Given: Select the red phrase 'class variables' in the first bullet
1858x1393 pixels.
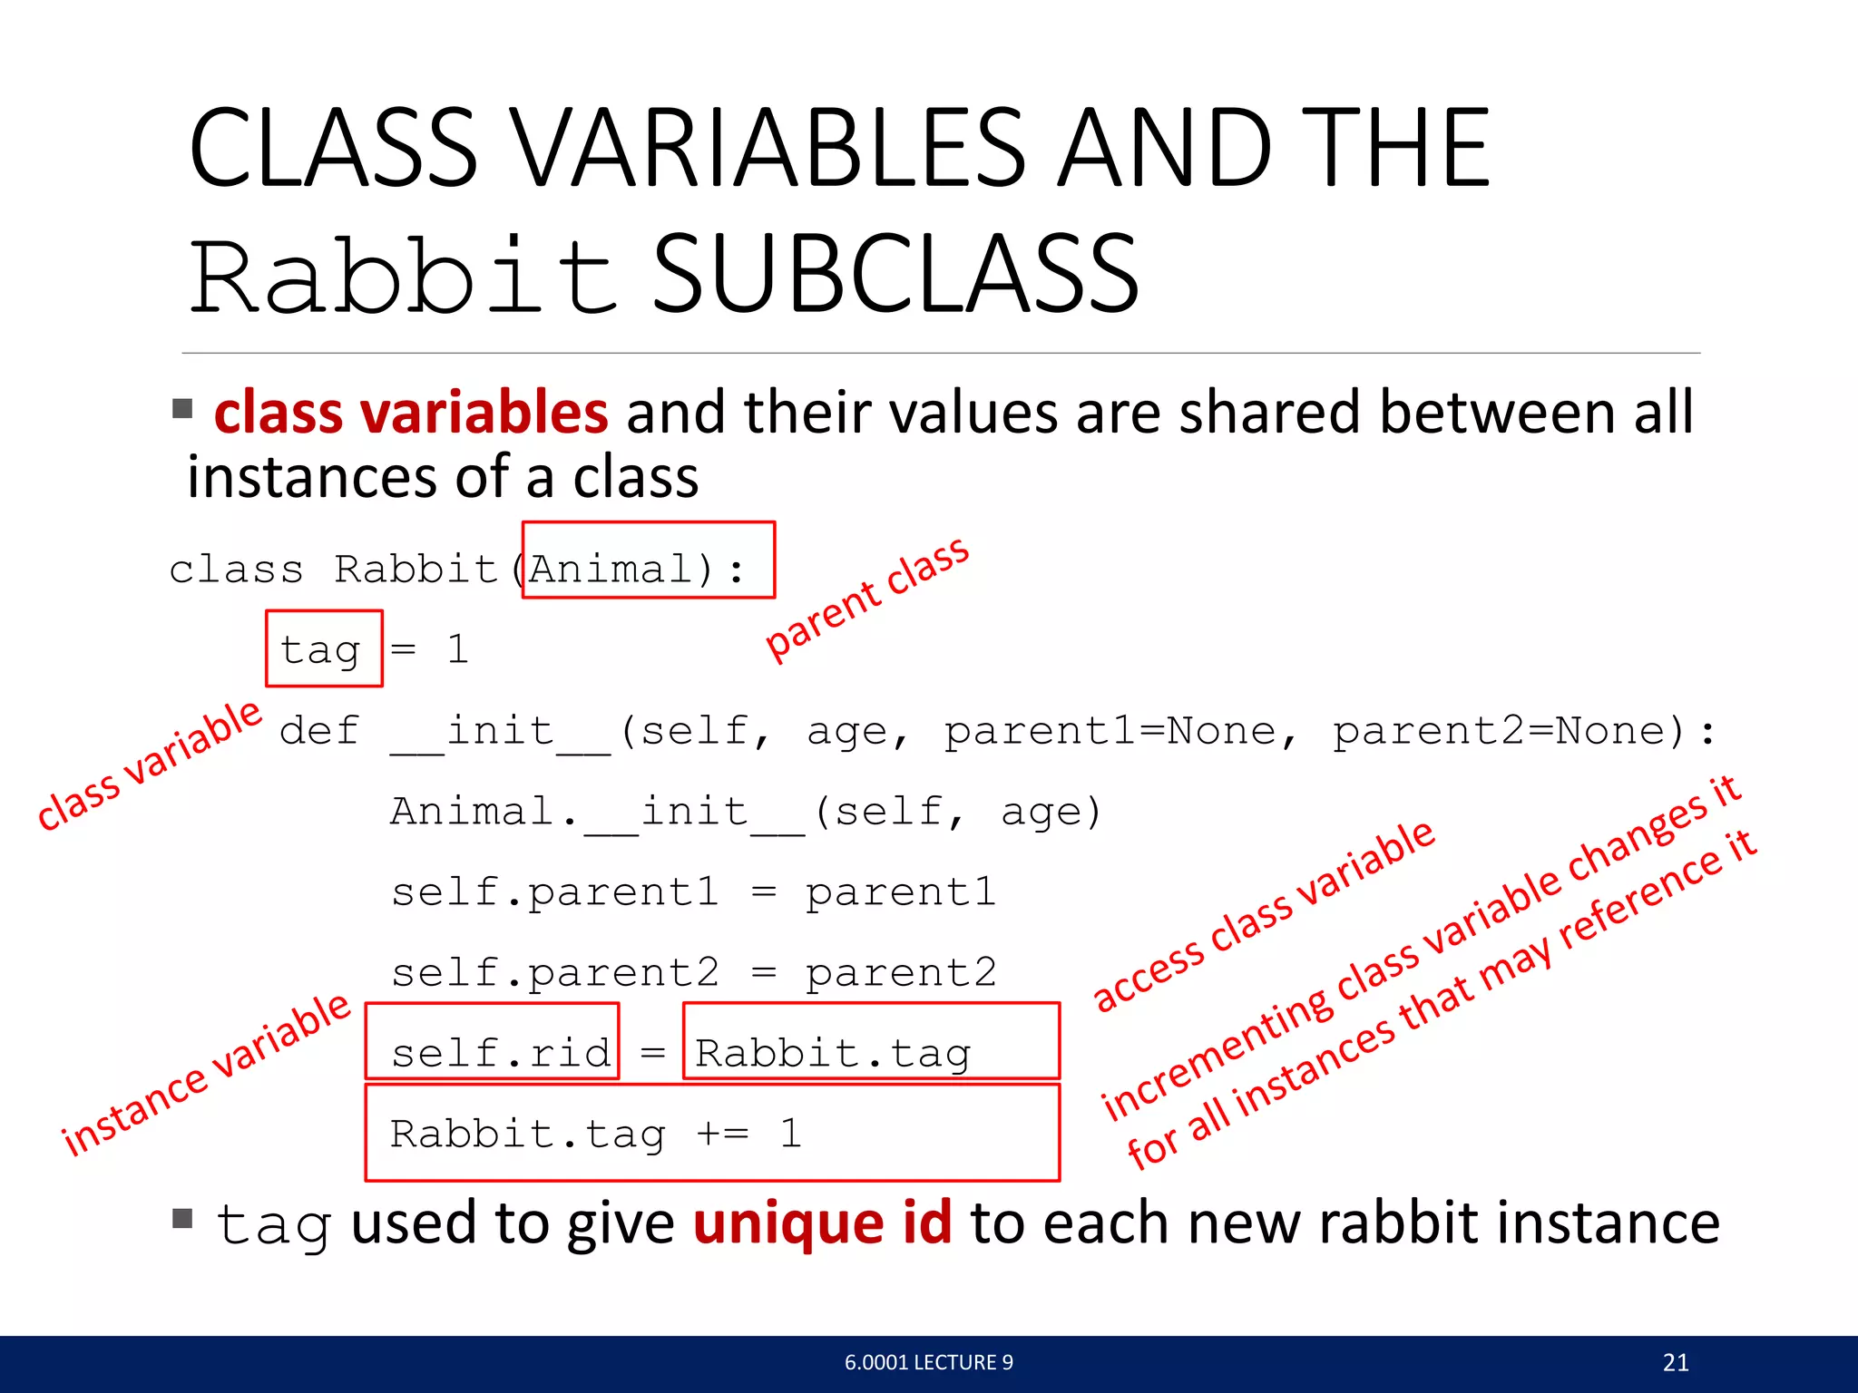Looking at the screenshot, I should (410, 413).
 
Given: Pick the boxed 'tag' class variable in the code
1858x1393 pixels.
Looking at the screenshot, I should (320, 650).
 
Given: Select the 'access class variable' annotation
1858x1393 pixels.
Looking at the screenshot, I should (1264, 915).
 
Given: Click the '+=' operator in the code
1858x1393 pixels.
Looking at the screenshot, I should (723, 1134).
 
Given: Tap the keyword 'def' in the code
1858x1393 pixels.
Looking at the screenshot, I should (319, 731).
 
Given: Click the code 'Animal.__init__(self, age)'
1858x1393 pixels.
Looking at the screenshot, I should (746, 812).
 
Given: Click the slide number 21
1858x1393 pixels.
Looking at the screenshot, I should (1676, 1362).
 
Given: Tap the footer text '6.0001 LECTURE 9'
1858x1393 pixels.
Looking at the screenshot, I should (928, 1362).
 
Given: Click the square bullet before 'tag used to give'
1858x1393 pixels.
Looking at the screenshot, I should (182, 1218).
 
